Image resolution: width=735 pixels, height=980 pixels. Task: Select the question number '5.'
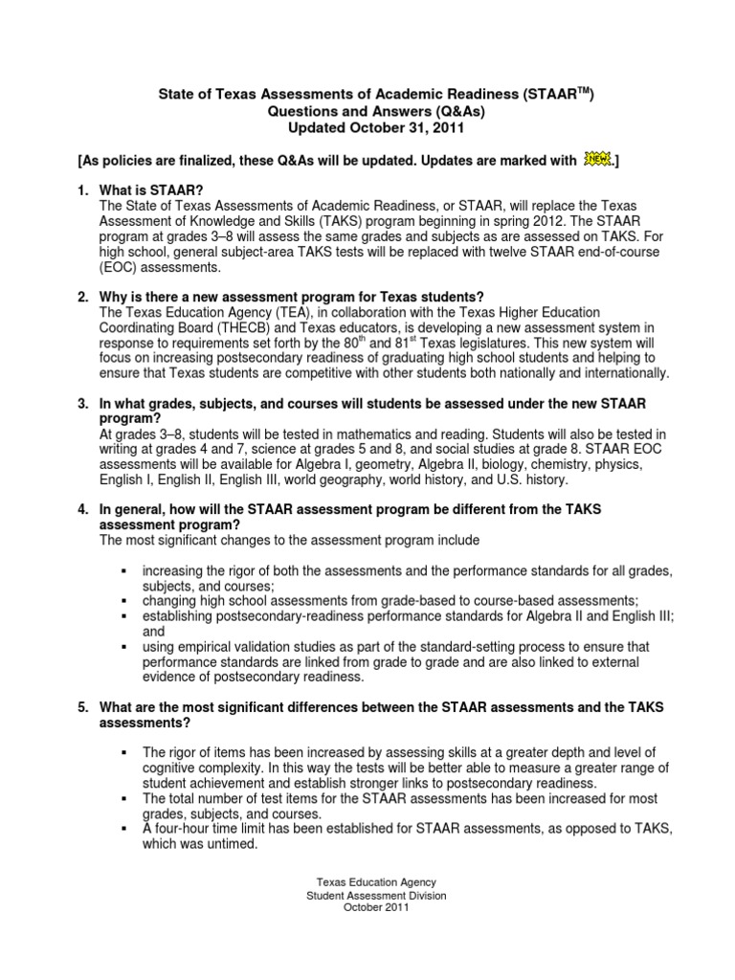83,706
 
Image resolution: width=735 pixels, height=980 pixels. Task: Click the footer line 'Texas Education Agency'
376,882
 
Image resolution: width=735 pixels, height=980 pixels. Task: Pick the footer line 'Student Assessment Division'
376,896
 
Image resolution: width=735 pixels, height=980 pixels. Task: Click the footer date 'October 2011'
376,909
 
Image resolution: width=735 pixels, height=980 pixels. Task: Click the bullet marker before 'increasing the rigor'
123,571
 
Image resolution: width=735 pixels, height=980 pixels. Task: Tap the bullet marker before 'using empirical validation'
123,647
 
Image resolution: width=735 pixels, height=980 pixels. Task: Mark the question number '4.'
83,510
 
